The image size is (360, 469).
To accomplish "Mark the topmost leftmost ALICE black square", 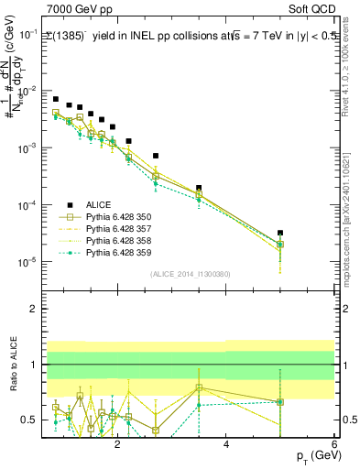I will pos(56,99).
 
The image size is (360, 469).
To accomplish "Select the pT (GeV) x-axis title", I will pos(311,455).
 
